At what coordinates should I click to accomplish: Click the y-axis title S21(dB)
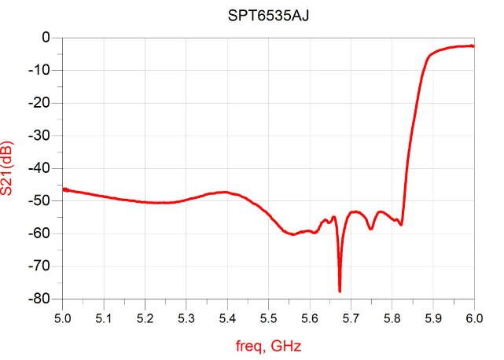click(16, 167)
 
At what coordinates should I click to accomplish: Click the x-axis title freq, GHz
click(268, 344)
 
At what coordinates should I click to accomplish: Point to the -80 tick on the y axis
click(41, 299)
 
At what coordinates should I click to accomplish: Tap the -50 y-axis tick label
click(41, 201)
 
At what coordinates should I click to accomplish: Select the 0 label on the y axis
click(46, 38)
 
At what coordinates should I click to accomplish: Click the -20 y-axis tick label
click(41, 103)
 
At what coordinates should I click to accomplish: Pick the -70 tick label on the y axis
click(41, 266)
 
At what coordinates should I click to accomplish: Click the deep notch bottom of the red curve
click(340, 291)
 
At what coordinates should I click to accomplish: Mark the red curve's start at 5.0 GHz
click(64, 189)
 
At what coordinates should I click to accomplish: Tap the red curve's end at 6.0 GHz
click(473, 46)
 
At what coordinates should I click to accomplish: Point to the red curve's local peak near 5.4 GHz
click(226, 192)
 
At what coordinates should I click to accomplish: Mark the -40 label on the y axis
click(41, 168)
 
